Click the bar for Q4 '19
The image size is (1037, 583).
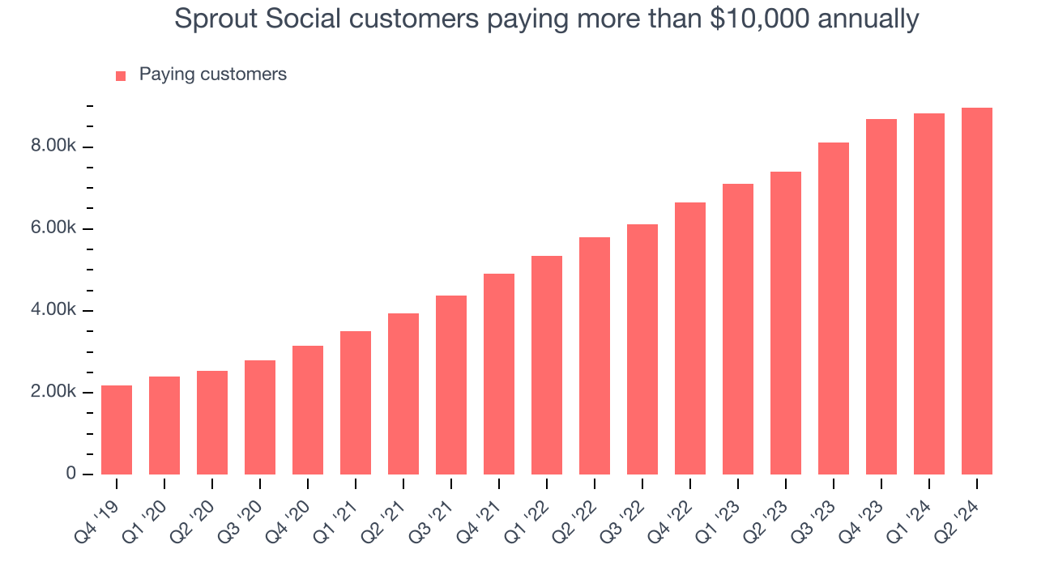117,430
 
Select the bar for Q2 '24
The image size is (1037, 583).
977,291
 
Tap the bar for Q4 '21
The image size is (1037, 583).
499,374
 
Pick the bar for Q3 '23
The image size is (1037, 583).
834,309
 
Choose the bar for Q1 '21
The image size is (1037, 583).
356,402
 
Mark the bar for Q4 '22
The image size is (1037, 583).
690,338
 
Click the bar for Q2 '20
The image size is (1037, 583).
212,423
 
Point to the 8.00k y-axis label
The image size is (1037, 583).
53,147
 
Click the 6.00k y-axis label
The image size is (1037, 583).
53,228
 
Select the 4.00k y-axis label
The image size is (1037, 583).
53,310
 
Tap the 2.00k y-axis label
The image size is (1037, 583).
53,392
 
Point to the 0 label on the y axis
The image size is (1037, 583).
70,474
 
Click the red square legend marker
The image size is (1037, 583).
121,75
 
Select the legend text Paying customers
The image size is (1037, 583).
212,74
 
